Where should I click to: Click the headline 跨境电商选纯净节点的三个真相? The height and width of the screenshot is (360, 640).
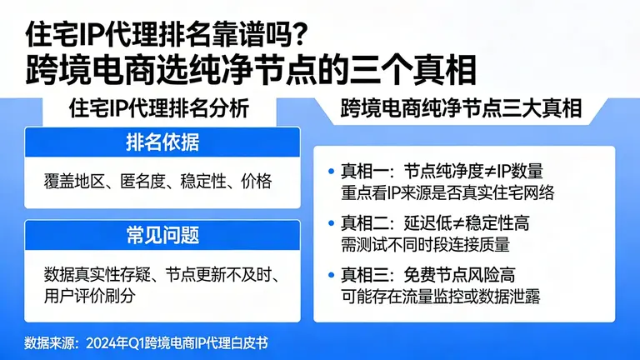(251, 68)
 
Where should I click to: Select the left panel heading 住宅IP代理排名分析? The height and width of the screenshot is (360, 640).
(158, 109)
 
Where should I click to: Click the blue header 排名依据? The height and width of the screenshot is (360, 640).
(162, 143)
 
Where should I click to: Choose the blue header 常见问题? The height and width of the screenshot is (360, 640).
(162, 235)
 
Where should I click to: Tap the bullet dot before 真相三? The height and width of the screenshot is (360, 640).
(332, 276)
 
